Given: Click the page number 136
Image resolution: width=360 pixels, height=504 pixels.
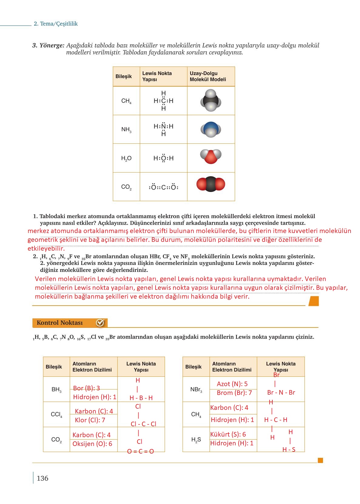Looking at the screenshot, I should click(42, 478).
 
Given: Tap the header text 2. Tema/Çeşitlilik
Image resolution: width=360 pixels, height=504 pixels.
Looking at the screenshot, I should click(56, 24).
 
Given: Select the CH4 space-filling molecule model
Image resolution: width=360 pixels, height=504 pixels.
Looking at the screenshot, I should click(210, 100).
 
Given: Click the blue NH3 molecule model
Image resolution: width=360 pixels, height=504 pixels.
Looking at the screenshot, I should click(210, 129).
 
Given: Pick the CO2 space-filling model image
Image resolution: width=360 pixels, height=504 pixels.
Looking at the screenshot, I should click(211, 184).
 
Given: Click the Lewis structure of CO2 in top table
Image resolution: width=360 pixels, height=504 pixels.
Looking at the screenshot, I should click(163, 187).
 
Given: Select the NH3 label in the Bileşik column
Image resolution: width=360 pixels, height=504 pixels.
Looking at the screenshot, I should click(126, 130).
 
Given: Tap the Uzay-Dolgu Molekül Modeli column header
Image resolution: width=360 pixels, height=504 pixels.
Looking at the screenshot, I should click(208, 76).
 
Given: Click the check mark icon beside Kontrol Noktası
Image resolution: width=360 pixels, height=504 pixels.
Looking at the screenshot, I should click(100, 323).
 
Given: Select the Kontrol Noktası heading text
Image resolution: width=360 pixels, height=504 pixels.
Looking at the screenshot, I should click(60, 323).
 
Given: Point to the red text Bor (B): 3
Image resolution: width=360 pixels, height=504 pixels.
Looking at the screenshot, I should click(86, 388).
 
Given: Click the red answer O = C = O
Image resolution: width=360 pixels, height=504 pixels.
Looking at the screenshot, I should click(140, 451).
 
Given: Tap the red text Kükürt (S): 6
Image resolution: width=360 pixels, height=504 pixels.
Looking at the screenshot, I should click(228, 434).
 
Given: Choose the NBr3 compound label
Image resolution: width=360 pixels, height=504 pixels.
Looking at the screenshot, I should click(196, 389).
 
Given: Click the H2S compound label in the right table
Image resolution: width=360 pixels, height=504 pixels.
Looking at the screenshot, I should click(196, 440).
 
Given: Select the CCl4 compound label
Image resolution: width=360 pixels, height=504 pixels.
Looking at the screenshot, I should click(56, 414).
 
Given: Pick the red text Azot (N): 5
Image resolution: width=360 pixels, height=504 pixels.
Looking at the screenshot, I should click(232, 384).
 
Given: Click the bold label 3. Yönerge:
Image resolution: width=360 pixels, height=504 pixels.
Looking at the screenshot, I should click(48, 45).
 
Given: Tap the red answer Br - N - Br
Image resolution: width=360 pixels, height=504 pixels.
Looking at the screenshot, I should click(281, 392).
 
